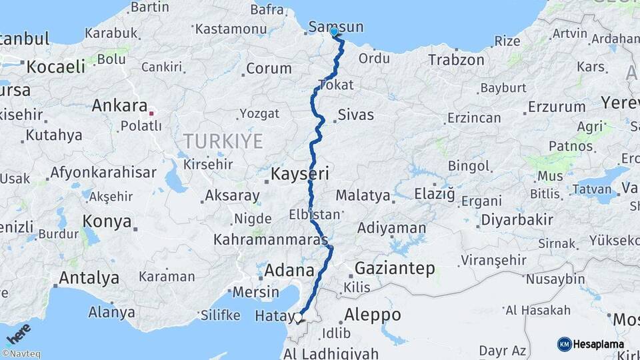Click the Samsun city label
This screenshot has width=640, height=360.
(x=337, y=27)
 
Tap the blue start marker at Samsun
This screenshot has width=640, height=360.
(x=334, y=31)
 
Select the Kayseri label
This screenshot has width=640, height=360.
(x=300, y=175)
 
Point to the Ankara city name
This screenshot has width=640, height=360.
(x=119, y=105)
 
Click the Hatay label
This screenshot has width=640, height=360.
(x=273, y=315)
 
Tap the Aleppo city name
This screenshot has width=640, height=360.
(x=373, y=315)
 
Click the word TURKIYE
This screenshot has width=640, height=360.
(x=223, y=141)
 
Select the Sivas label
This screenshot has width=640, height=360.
(x=355, y=114)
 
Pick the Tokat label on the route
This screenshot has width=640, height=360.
(x=336, y=85)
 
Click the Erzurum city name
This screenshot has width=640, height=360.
(x=557, y=106)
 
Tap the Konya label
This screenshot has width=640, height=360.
(x=107, y=222)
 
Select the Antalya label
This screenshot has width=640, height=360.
(x=89, y=277)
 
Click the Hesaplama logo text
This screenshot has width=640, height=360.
(x=601, y=344)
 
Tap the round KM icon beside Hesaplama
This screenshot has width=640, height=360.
(x=564, y=344)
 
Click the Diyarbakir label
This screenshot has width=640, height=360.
(x=517, y=220)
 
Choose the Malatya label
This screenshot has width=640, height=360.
(x=362, y=195)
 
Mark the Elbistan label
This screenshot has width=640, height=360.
(x=315, y=215)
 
